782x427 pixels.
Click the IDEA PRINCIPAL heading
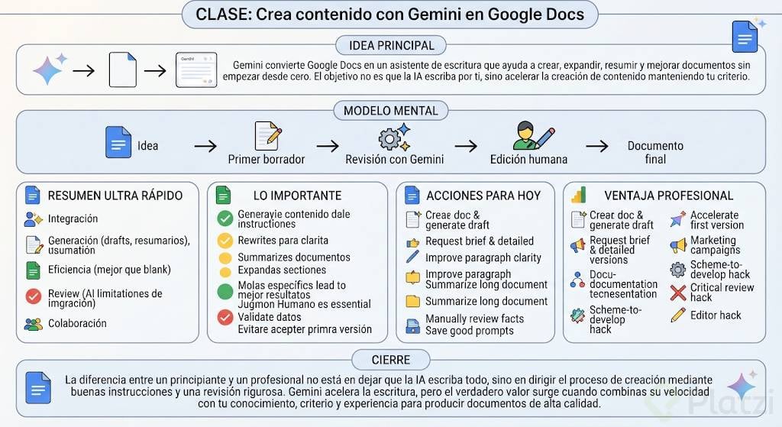(392, 45)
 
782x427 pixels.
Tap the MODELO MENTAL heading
(390, 111)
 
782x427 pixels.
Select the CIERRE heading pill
(391, 360)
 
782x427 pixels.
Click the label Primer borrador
(267, 159)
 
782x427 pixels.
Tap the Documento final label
(655, 152)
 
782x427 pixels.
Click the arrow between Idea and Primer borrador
(205, 146)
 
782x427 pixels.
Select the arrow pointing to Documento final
(597, 146)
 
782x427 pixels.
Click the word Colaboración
(77, 323)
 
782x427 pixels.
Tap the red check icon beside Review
(34, 296)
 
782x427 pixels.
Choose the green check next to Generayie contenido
(225, 218)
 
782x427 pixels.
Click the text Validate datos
(270, 317)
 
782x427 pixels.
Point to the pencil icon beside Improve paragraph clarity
(412, 257)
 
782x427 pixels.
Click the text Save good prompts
(470, 331)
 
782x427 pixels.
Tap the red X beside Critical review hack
(678, 293)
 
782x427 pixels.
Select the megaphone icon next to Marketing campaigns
(678, 245)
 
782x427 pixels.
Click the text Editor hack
(716, 315)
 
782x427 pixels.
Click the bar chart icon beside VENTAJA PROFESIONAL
(579, 195)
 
